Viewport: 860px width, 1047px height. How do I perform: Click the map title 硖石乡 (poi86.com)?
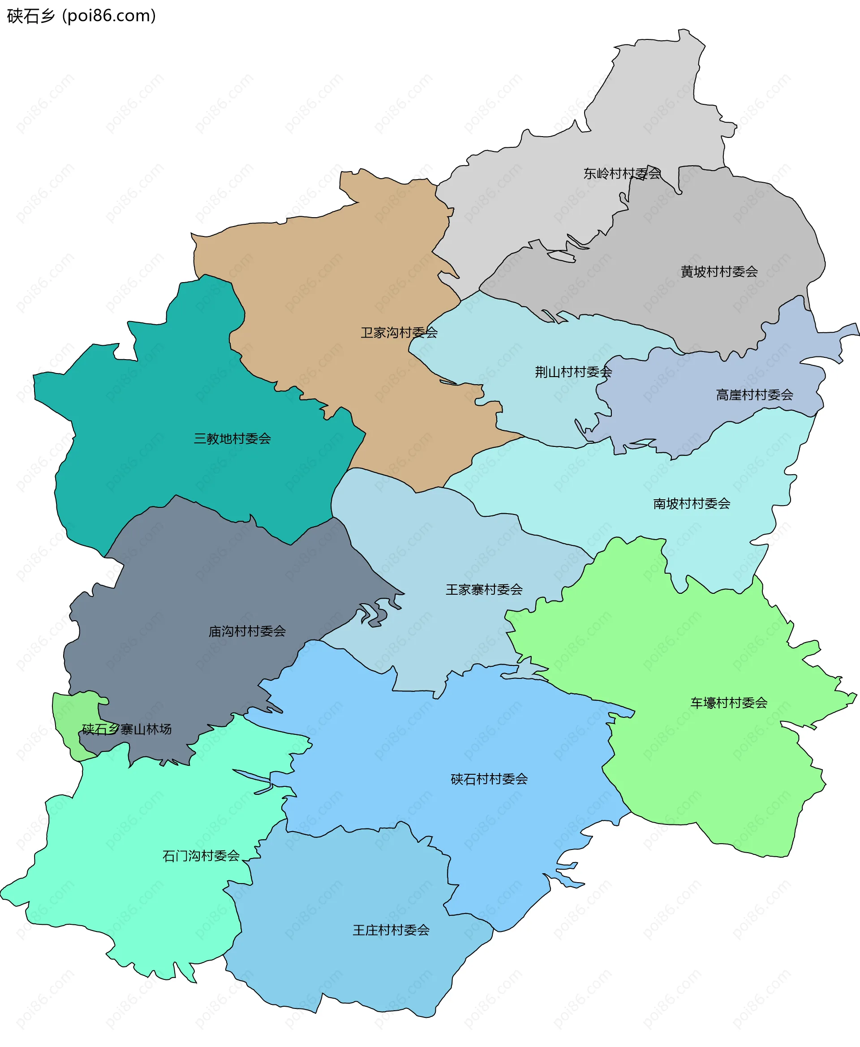click(82, 16)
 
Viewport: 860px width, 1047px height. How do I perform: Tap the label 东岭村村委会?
click(622, 173)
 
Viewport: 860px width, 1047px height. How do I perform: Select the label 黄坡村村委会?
click(719, 271)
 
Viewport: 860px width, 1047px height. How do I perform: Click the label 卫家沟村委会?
click(399, 332)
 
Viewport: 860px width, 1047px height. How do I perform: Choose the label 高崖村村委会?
click(754, 395)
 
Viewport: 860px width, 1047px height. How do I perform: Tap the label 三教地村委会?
click(232, 438)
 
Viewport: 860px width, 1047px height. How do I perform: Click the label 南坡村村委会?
click(691, 504)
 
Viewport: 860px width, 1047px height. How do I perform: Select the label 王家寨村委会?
click(484, 589)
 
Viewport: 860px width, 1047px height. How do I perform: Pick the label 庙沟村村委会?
click(247, 631)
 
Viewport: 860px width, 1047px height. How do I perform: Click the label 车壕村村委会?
click(728, 702)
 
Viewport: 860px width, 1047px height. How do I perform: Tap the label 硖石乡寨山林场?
click(126, 729)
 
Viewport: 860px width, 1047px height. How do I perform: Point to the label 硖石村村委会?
click(489, 779)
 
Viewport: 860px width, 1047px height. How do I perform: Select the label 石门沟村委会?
click(201, 856)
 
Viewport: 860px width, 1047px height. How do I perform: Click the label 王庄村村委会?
click(391, 930)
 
